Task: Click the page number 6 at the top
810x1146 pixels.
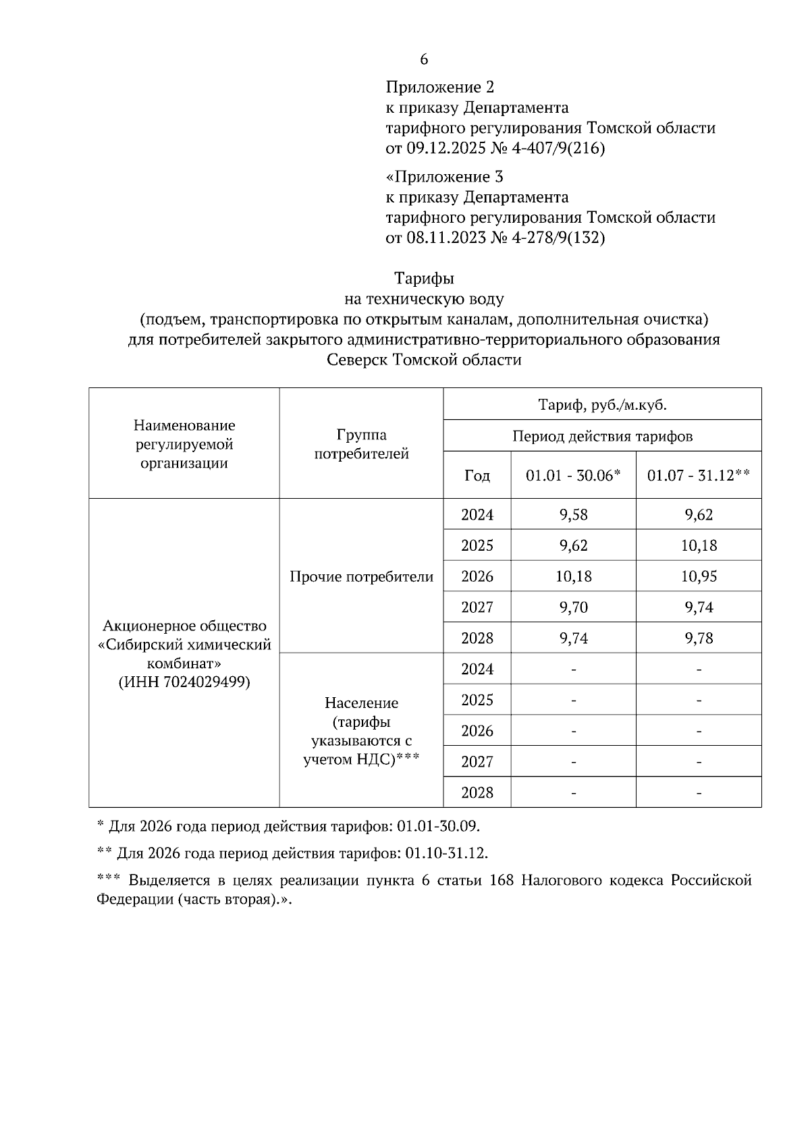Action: pyautogui.click(x=424, y=59)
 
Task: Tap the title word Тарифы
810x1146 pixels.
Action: pyautogui.click(x=424, y=278)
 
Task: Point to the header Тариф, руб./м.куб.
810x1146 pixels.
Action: pyautogui.click(x=602, y=405)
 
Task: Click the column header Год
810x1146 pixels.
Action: pyautogui.click(x=477, y=475)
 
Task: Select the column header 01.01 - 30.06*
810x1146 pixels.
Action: pyautogui.click(x=573, y=475)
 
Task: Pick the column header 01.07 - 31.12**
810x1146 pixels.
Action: pyautogui.click(x=699, y=475)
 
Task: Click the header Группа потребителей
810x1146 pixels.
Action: pyautogui.click(x=361, y=444)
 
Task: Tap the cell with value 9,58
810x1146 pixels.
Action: pyautogui.click(x=573, y=515)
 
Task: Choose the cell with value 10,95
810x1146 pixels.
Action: pyautogui.click(x=699, y=576)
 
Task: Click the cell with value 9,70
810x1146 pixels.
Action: pyautogui.click(x=573, y=607)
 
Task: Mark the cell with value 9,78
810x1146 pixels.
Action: pyautogui.click(x=699, y=638)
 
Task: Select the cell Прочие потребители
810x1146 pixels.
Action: pyautogui.click(x=361, y=577)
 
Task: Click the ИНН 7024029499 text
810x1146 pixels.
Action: pyautogui.click(x=184, y=682)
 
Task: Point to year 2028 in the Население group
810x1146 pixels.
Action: pyautogui.click(x=477, y=792)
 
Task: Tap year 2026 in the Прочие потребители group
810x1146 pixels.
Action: pyautogui.click(x=477, y=576)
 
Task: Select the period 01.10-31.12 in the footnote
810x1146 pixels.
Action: pyautogui.click(x=446, y=853)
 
